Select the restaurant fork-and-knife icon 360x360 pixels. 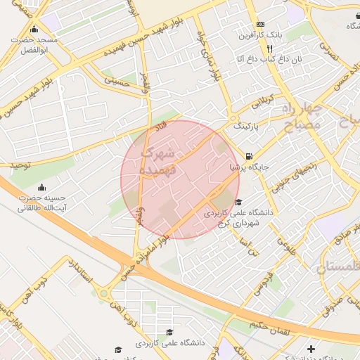click(x=269, y=49)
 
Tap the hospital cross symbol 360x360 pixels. click(x=311, y=349)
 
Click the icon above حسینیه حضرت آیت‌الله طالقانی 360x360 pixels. click(x=41, y=188)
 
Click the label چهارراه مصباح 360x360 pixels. click(x=303, y=117)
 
